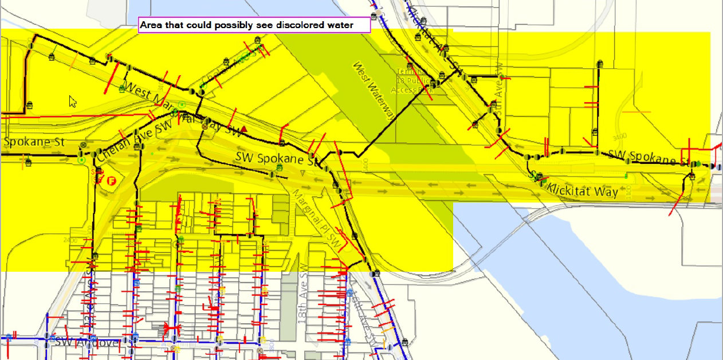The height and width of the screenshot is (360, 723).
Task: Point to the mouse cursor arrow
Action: pyautogui.click(x=73, y=101)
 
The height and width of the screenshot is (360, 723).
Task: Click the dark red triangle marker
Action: pyautogui.click(x=245, y=130)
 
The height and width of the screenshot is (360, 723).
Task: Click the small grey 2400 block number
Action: pyautogui.click(x=71, y=240)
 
